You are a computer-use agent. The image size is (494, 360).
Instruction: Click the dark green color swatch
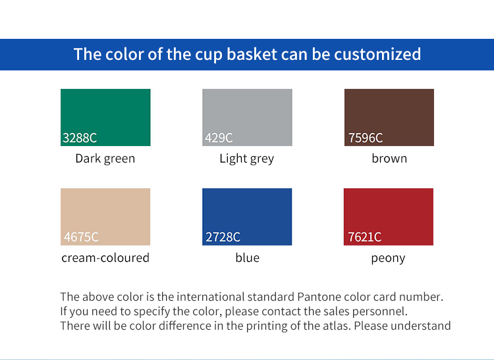coord(105,112)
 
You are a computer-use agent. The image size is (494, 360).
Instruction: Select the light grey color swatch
coord(247,112)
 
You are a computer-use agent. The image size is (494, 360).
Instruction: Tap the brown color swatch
coord(389,112)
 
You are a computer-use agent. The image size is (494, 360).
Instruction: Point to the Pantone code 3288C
coord(80,138)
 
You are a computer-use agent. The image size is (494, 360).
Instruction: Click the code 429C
coord(219,138)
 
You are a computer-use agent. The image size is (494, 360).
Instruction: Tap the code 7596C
coord(366,138)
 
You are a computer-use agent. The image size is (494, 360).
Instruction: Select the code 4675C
coord(81,237)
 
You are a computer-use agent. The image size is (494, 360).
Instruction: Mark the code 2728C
coord(223,237)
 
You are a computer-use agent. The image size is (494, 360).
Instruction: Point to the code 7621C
coord(365,237)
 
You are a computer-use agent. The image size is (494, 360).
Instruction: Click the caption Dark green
coord(105,159)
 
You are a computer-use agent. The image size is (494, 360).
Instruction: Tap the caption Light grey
coord(247,159)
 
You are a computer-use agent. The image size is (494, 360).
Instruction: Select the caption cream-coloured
coord(105,258)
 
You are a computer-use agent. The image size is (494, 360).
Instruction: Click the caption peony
coord(388,258)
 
